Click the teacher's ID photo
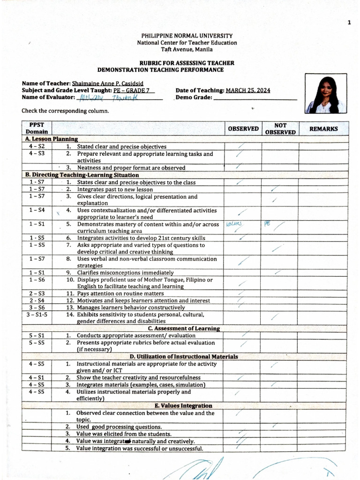click(x=326, y=94)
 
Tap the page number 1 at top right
click(x=349, y=23)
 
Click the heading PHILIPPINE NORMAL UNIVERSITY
click(x=187, y=36)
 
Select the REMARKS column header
click(x=323, y=129)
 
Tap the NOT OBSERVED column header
click(x=280, y=129)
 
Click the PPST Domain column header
click(x=36, y=128)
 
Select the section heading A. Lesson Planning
click(x=51, y=139)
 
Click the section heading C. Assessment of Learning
click(x=180, y=329)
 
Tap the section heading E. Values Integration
click(x=183, y=405)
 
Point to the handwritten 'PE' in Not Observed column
click(x=268, y=224)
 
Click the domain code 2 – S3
click(x=37, y=293)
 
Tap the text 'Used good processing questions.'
click(x=119, y=427)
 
